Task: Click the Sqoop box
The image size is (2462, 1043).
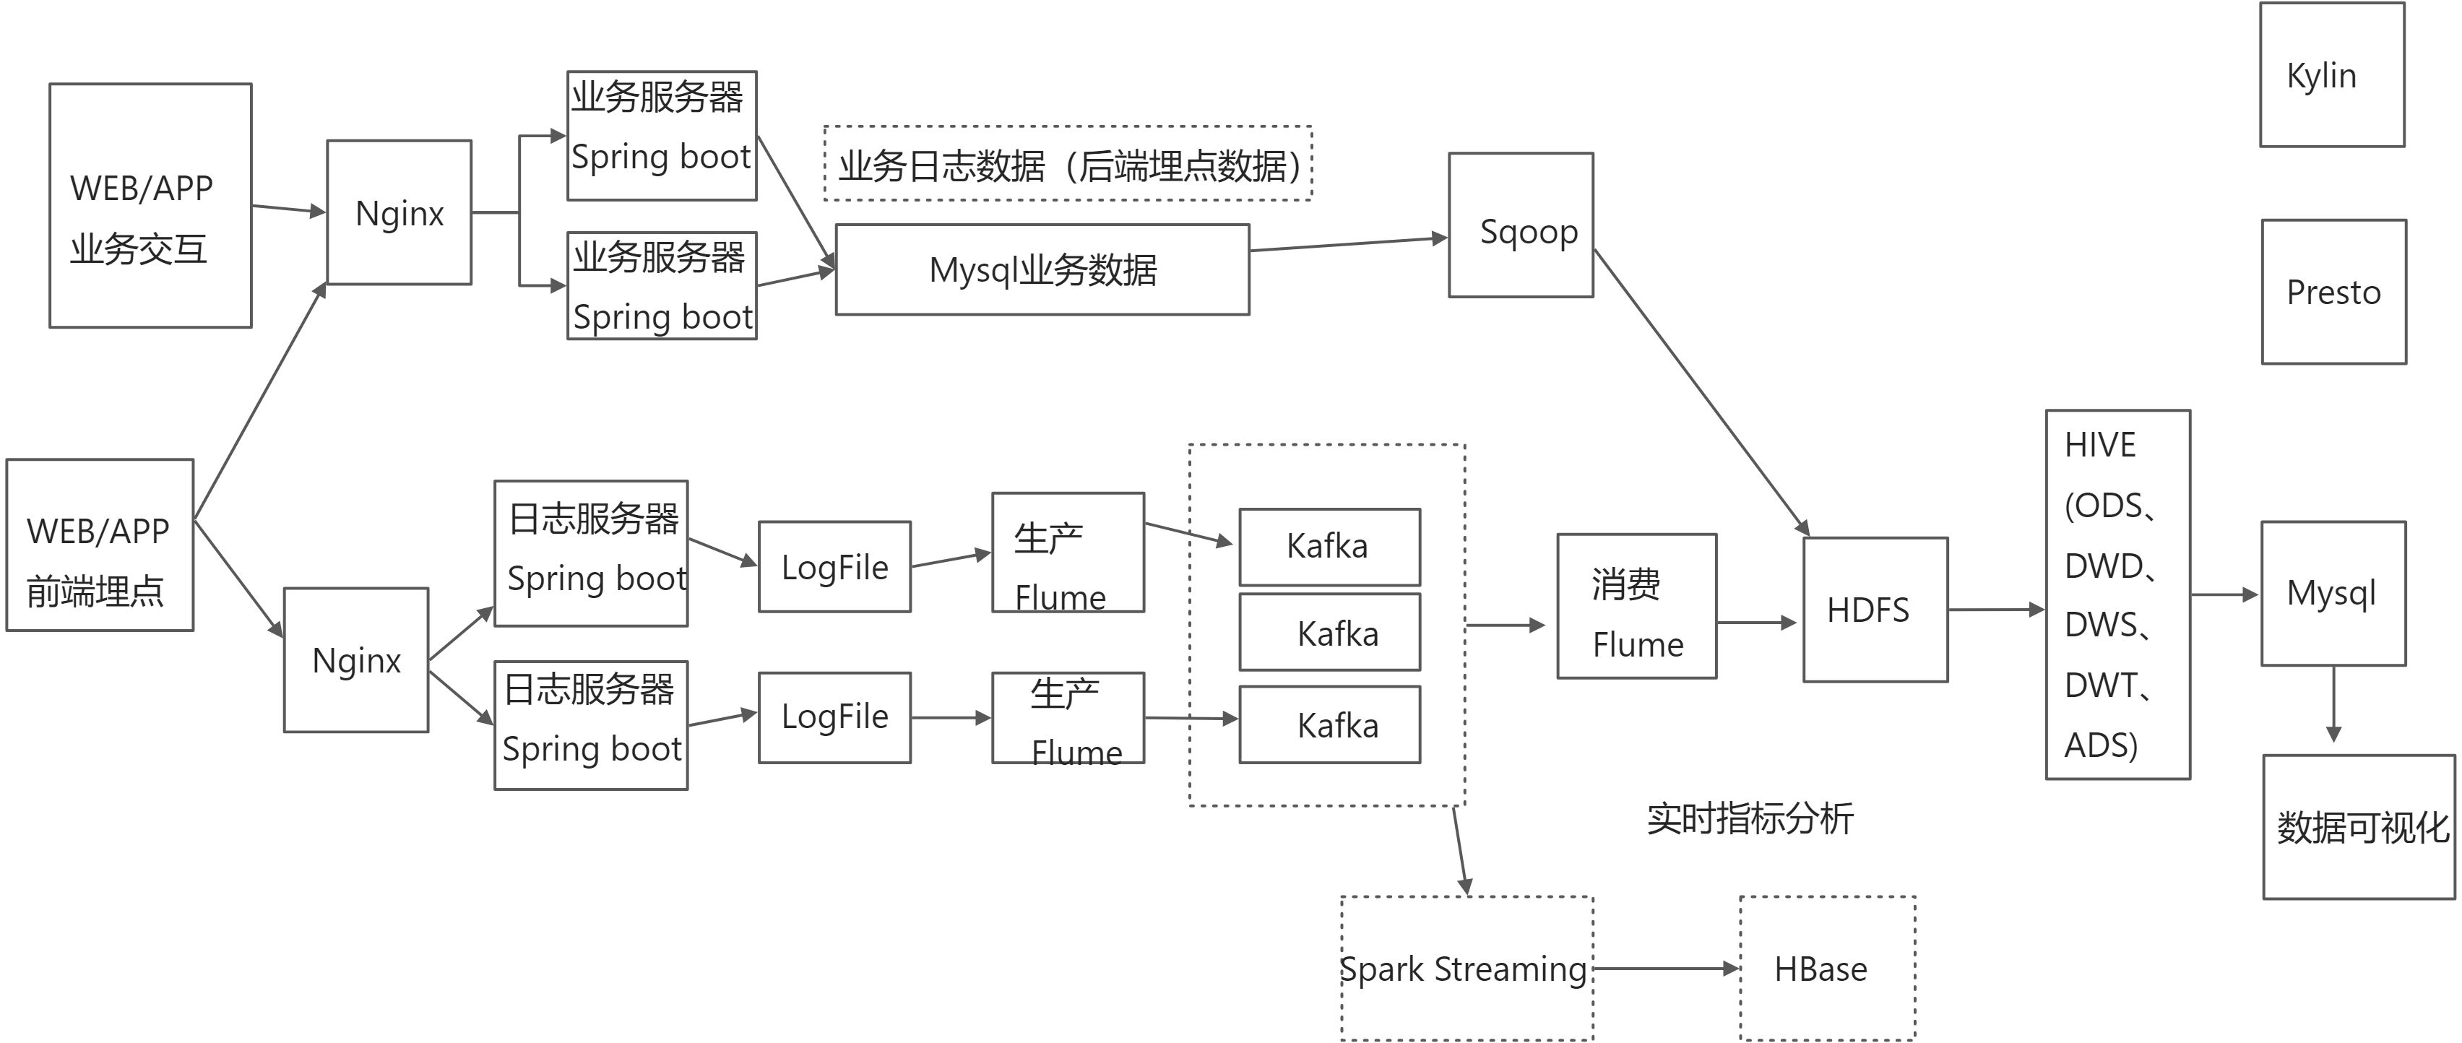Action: (x=1520, y=225)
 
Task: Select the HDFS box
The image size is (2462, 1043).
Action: (x=1874, y=610)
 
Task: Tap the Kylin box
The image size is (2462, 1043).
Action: (x=2331, y=74)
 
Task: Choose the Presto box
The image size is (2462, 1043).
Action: (x=2333, y=293)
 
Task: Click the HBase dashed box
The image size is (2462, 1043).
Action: (x=1826, y=969)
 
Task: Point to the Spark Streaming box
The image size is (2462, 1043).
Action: (x=1466, y=969)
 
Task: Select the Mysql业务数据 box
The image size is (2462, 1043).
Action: (x=1042, y=269)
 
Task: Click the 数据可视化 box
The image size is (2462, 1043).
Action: (x=2358, y=827)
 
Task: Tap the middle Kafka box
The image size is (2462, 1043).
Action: (x=1329, y=633)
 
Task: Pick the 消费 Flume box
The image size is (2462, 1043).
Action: (x=1636, y=607)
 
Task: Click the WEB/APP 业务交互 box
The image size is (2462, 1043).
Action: (x=150, y=206)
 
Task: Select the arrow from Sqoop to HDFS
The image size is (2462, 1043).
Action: (x=1701, y=392)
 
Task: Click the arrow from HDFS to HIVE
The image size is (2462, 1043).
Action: (x=1995, y=609)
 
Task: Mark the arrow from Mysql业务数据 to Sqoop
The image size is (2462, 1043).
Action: (x=1347, y=245)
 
